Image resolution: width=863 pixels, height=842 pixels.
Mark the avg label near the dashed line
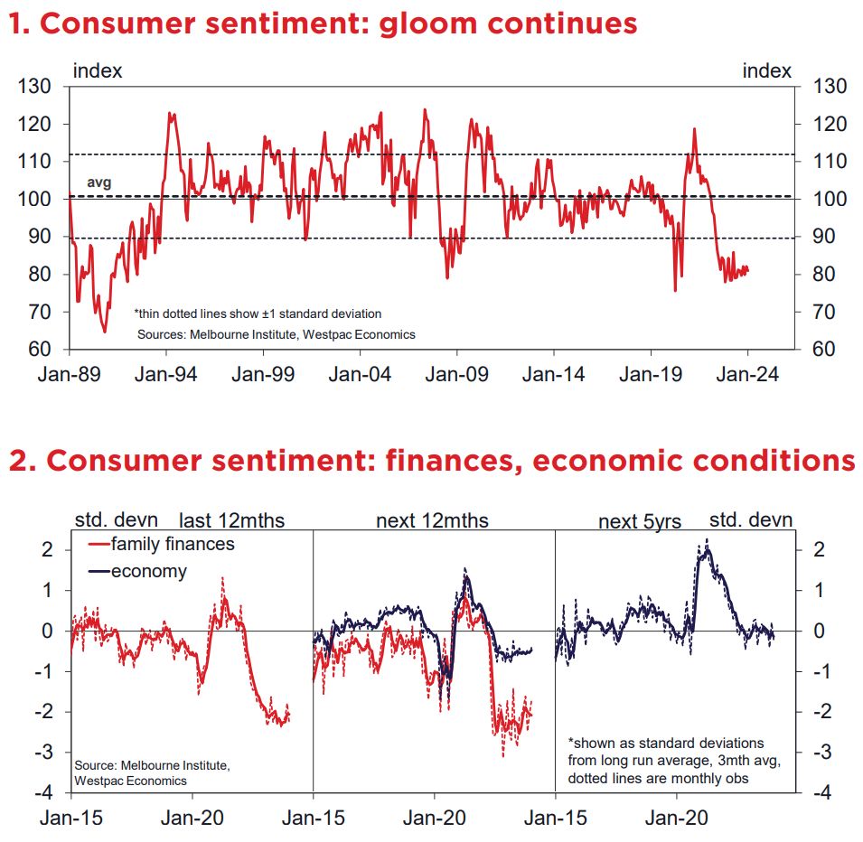point(98,182)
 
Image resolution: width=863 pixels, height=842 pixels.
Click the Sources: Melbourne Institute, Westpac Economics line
point(277,334)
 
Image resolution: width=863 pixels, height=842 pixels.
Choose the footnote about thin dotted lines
point(258,313)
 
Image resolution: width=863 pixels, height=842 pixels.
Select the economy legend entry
point(149,571)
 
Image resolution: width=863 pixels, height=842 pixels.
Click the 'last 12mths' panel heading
point(232,520)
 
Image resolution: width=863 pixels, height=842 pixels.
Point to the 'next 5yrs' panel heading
point(640,521)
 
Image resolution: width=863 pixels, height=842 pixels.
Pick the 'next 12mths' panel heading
point(433,520)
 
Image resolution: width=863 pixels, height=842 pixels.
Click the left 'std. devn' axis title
point(116,520)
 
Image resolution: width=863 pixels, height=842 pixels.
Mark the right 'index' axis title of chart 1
point(767,70)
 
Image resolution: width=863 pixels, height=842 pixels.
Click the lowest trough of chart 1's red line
point(105,332)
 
